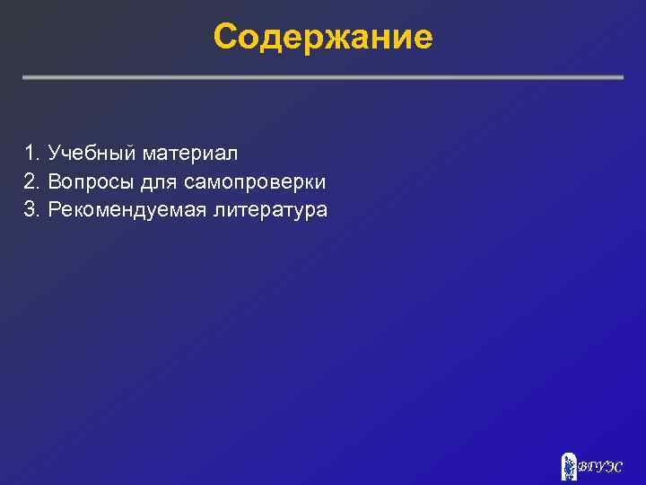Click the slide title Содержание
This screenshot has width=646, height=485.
pos(323,37)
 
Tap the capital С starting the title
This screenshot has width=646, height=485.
pos(226,38)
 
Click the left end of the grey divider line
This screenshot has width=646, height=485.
pos(25,77)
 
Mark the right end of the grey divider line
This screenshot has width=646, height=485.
pos(621,77)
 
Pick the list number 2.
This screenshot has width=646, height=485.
pos(31,181)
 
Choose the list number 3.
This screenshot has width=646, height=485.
pos(31,210)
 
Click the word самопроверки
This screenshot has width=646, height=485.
pos(255,182)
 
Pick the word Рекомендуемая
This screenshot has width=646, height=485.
pos(127,210)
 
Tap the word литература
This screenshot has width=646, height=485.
pos(270,210)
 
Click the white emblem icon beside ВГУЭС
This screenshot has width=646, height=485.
pos(568,465)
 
